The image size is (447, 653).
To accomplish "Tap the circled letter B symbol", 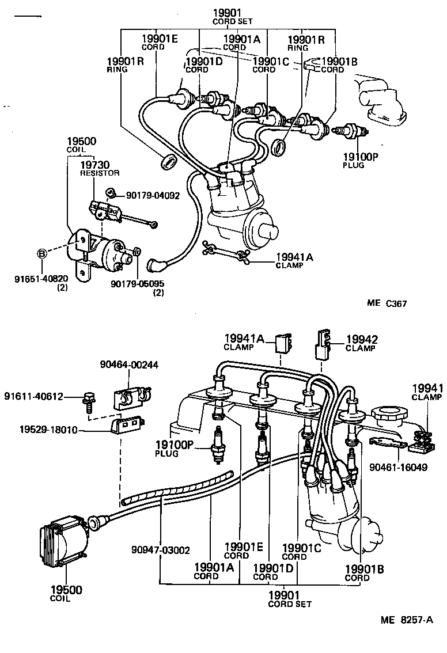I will point(41,253).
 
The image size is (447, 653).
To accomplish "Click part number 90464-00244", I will point(129,365).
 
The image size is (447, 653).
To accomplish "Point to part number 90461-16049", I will point(399,467).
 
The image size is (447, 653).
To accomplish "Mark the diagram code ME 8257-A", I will point(406,620).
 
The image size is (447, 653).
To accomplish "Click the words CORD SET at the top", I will point(230,21).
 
